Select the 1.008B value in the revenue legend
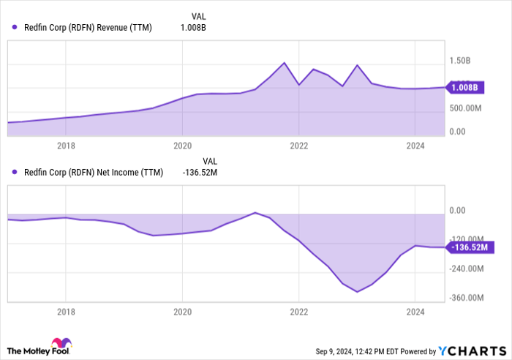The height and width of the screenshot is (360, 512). [194, 28]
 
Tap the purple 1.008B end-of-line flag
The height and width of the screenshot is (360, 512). [464, 88]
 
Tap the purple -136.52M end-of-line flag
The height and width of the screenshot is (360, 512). [469, 247]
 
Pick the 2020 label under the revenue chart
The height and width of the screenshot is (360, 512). [182, 145]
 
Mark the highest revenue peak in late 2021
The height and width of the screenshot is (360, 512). [285, 63]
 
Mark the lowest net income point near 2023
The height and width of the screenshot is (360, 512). [357, 292]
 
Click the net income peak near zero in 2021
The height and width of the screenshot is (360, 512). [255, 212]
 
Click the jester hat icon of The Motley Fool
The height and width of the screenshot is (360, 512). [59, 345]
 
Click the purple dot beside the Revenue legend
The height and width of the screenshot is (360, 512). [15, 28]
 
